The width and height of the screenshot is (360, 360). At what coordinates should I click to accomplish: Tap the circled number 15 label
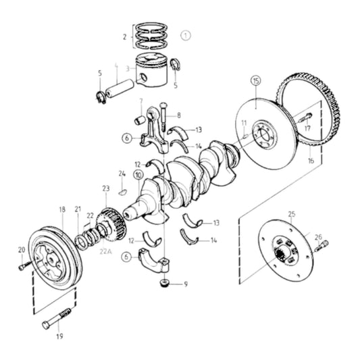pyautogui.click(x=255, y=81)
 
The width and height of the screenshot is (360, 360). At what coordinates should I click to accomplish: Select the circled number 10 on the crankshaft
pyautogui.click(x=138, y=176)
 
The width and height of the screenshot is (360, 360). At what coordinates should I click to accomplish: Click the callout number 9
pyautogui.click(x=185, y=284)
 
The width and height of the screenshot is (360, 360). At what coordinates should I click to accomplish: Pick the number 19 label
pyautogui.click(x=59, y=336)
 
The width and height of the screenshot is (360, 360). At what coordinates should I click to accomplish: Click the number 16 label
pyautogui.click(x=311, y=162)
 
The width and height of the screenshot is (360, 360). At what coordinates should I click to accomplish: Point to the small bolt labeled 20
pyautogui.click(x=25, y=266)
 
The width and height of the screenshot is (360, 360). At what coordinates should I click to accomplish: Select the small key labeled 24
pyautogui.click(x=122, y=191)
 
